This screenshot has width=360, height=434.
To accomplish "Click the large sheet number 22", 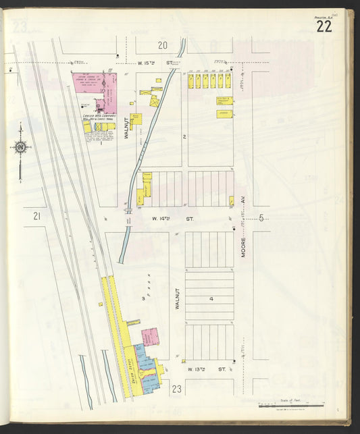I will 323,26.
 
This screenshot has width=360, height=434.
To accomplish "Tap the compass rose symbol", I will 20,147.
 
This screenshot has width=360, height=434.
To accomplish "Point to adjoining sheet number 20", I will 162,45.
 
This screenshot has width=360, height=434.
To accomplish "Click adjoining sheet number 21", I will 36,216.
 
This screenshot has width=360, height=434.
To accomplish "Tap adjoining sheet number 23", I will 177,389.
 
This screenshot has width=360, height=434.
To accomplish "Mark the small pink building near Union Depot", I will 149,336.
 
